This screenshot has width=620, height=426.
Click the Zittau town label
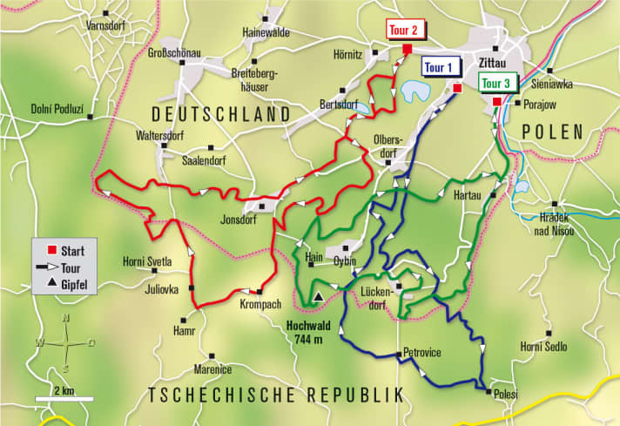[x=495, y=63]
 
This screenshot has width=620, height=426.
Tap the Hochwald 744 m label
[x=310, y=334]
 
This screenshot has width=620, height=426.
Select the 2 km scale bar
[x=64, y=399]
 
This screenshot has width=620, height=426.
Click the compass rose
[x=67, y=343]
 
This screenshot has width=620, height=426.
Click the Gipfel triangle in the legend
[x=52, y=285]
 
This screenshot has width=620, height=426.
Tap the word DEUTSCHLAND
[x=221, y=114]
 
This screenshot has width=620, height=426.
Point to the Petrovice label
[x=424, y=353]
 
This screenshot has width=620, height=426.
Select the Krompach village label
[x=259, y=305]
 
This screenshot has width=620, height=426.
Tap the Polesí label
[x=505, y=395]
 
